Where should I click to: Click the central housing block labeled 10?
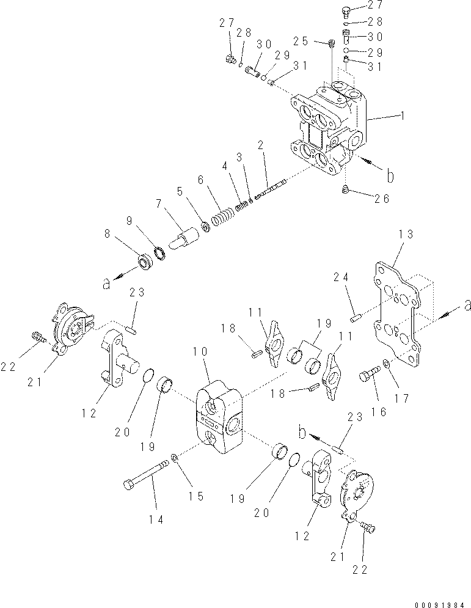point(219,417)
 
